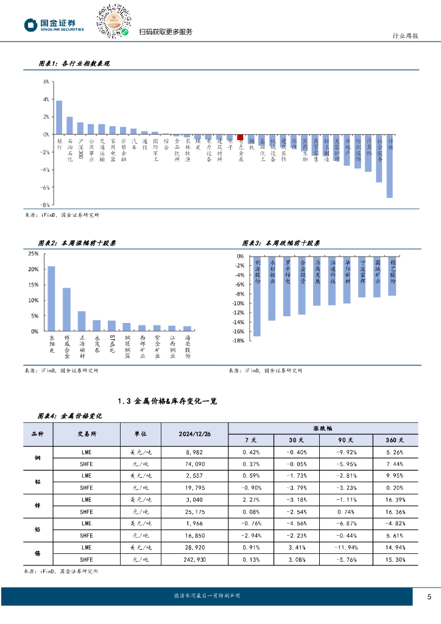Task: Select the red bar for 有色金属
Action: [241, 137]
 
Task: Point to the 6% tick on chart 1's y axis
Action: [46, 81]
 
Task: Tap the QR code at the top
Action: [113, 20]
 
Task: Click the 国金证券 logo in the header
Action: [55, 24]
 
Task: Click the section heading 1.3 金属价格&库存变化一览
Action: [167, 400]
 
